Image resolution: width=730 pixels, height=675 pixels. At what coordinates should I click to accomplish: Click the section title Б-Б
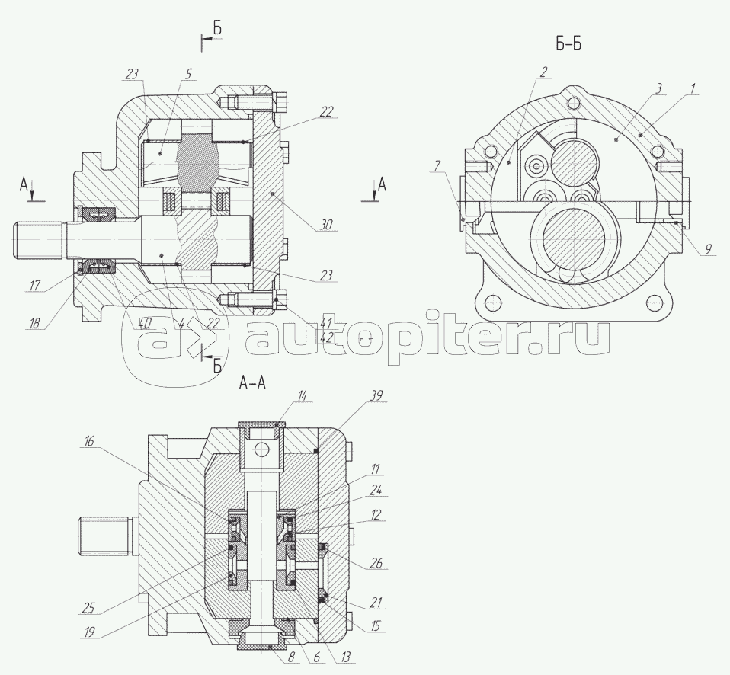[x=568, y=43]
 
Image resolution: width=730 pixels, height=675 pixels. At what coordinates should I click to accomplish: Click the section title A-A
[x=252, y=383]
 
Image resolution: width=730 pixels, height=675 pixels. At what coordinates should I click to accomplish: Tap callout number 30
[x=326, y=225]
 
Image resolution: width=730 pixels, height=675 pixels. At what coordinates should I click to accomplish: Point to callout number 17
[x=35, y=285]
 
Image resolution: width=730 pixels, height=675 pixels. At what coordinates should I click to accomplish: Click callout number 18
[x=34, y=322]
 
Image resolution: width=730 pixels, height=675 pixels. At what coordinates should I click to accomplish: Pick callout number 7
[x=437, y=166]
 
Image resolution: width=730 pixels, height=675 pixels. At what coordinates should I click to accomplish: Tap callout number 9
[x=707, y=249]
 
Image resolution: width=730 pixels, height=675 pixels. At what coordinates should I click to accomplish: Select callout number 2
[x=543, y=71]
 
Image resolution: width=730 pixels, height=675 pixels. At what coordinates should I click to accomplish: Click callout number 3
[x=658, y=88]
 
